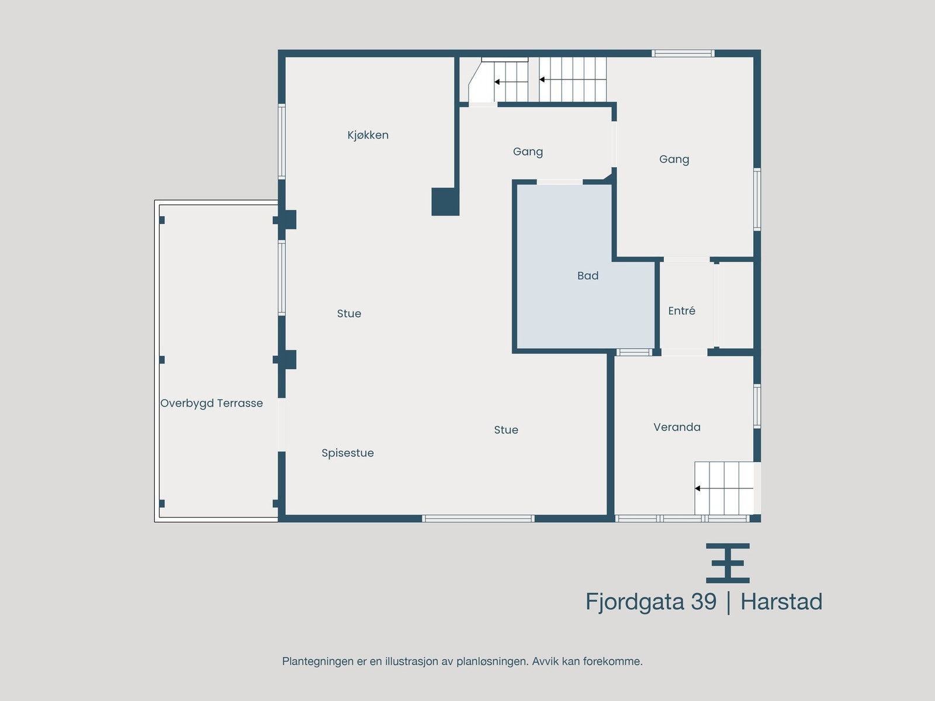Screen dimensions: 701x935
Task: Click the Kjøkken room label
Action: tap(368, 135)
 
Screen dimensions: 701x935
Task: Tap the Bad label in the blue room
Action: tap(587, 276)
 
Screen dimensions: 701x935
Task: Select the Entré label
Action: tap(681, 311)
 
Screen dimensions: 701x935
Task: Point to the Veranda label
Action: tap(677, 427)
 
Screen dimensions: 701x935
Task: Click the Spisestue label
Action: tap(347, 453)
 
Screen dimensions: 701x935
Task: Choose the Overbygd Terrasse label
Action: tap(212, 403)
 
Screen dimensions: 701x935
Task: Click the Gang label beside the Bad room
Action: tap(528, 151)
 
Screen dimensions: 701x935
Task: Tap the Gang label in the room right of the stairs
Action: tap(674, 159)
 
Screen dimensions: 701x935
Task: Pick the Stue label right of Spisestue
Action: tap(505, 430)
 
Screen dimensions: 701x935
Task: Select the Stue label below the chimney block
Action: tap(349, 314)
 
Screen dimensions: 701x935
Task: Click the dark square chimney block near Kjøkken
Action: tap(445, 202)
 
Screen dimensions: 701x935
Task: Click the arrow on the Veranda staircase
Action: tap(698, 488)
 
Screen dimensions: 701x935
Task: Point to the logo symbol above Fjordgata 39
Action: tap(728, 563)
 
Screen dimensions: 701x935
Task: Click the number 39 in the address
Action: tap(703, 602)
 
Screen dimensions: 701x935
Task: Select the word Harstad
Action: tap(781, 602)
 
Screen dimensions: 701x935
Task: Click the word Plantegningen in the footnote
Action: tap(318, 661)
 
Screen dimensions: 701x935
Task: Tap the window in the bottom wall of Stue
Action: tap(478, 518)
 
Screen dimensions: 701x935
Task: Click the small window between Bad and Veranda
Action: tap(634, 352)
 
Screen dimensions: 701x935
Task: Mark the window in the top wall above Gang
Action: tap(683, 53)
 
